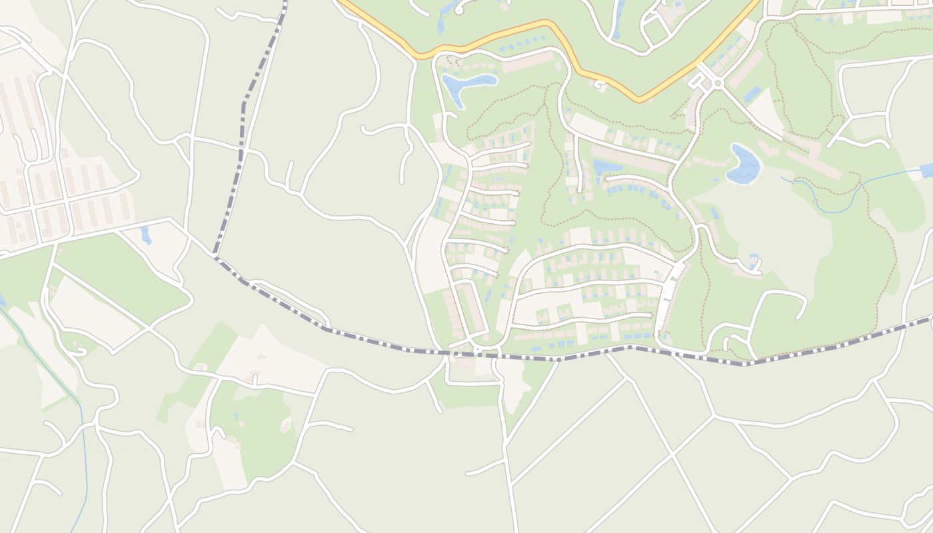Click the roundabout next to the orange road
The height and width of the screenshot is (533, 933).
(718, 83)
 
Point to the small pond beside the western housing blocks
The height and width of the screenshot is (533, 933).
(146, 235)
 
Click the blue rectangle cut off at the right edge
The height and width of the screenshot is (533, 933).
(926, 170)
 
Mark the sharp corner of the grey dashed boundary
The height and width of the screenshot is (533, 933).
(216, 255)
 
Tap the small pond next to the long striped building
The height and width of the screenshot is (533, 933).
(606, 167)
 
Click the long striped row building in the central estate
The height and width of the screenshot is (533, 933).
(629, 159)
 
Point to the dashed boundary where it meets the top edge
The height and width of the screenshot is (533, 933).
(285, 3)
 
